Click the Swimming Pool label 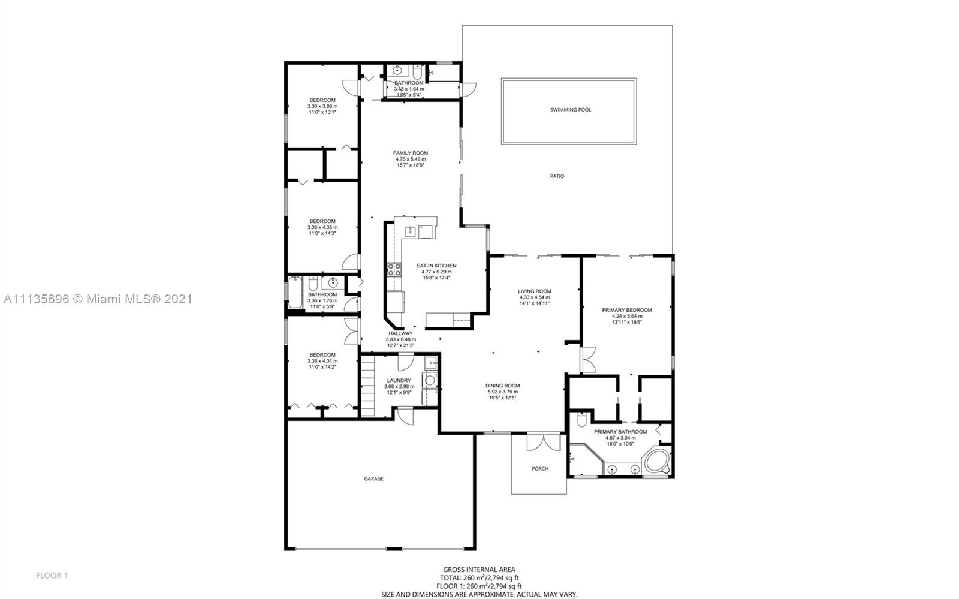tap(570, 110)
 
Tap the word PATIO tap(557, 176)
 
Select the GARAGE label tap(373, 478)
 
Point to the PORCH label tap(540, 469)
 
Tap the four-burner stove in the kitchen tap(394, 270)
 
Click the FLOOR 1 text tap(52, 576)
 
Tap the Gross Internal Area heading tap(479, 570)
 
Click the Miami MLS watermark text tap(98, 299)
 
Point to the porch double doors tap(543, 443)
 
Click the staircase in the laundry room tap(368, 386)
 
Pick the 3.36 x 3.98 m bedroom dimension tap(322, 106)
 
